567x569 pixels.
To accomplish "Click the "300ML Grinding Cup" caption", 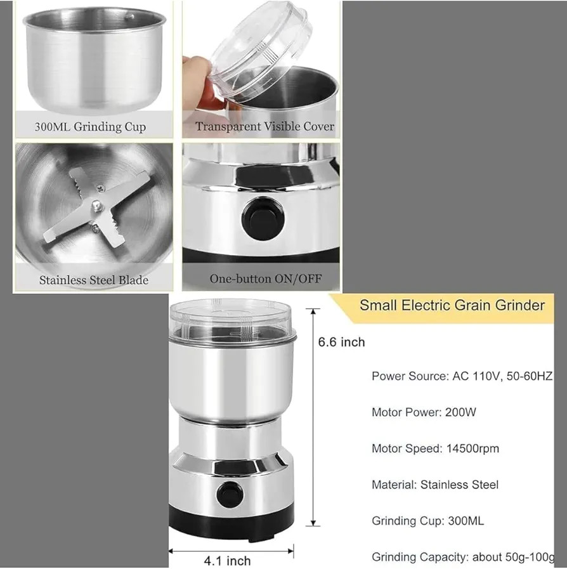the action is coord(90,127).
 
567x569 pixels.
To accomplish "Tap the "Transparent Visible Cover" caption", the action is coord(264,126).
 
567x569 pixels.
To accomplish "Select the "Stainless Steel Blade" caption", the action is coord(94,280).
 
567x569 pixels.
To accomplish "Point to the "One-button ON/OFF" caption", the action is coord(266,278).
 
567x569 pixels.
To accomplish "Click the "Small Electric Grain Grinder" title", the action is coord(452,305).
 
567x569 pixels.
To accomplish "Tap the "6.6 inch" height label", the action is coord(341,342).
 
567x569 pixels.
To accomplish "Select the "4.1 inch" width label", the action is coord(227,561).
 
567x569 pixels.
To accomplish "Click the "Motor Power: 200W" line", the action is coord(424,412).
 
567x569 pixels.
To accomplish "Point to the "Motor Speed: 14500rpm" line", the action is coord(435,448).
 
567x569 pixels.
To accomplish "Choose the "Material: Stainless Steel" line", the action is coord(435,485).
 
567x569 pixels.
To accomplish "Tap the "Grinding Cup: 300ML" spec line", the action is coord(427,521).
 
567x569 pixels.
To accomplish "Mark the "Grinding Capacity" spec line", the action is coord(463,557).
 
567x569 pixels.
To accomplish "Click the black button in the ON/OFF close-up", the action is coord(263,218).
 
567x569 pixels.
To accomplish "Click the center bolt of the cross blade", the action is coord(96,206).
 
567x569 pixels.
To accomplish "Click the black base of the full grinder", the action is coord(231,522).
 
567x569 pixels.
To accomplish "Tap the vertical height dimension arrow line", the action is coord(313,417).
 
